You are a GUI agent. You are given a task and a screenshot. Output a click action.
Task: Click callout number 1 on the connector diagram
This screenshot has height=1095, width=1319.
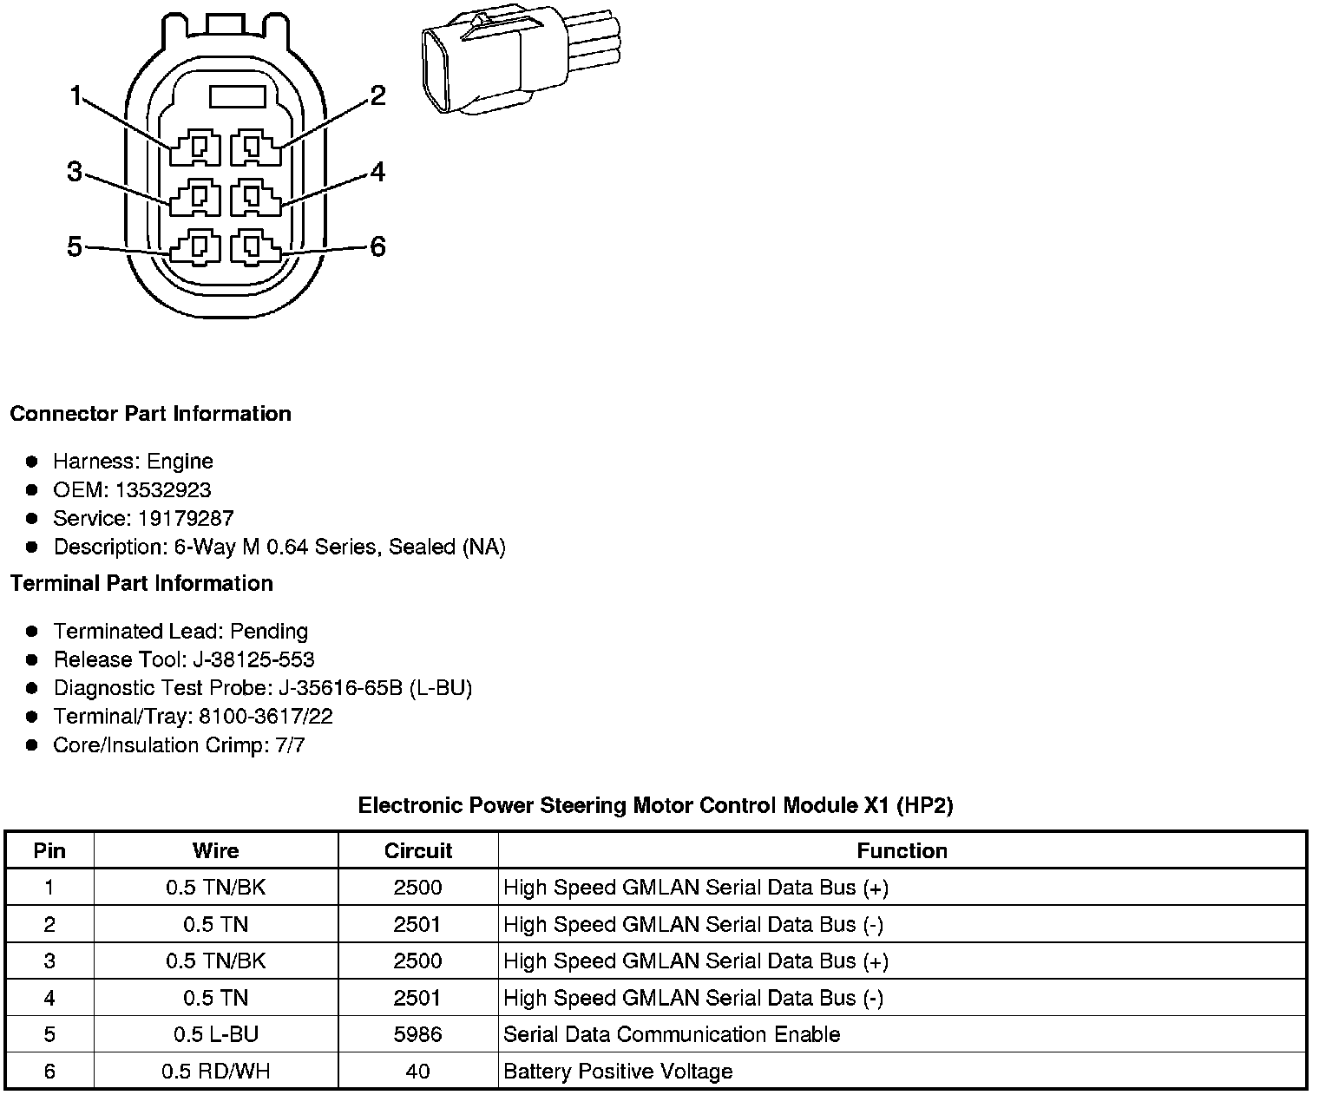point(76,96)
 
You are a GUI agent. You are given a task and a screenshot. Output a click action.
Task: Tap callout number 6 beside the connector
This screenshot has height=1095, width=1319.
point(377,247)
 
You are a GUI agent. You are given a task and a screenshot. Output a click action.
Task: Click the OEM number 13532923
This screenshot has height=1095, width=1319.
point(163,489)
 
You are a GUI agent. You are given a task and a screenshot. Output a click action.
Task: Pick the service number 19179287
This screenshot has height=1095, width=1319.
point(186,518)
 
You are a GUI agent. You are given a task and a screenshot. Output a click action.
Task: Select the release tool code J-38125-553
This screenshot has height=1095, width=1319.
point(251,659)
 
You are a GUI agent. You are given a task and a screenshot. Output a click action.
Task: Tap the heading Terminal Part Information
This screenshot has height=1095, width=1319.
point(141,583)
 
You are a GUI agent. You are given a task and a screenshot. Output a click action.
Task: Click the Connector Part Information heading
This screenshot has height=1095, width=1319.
point(150,413)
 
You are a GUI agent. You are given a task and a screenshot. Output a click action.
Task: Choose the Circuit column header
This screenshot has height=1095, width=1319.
point(417,850)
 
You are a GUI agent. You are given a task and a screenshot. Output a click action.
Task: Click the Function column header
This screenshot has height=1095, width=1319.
point(902,850)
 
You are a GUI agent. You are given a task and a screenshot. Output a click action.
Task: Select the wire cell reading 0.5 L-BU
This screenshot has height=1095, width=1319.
point(215,1034)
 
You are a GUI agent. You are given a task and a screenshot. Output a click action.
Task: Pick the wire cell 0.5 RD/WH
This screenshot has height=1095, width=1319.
point(215,1071)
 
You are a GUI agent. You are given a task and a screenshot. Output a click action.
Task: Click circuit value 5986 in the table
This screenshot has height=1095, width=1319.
point(417,1034)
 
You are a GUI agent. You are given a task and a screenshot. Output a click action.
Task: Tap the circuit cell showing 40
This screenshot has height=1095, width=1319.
point(417,1071)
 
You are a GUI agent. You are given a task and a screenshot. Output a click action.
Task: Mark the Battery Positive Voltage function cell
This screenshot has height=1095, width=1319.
point(618,1071)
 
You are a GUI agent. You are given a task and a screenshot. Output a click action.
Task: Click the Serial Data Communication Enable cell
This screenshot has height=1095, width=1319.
point(672,1034)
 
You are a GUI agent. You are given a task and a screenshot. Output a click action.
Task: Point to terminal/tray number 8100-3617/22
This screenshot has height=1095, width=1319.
point(266,717)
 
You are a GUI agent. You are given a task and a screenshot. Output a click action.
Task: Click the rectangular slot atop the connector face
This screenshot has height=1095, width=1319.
point(237,96)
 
